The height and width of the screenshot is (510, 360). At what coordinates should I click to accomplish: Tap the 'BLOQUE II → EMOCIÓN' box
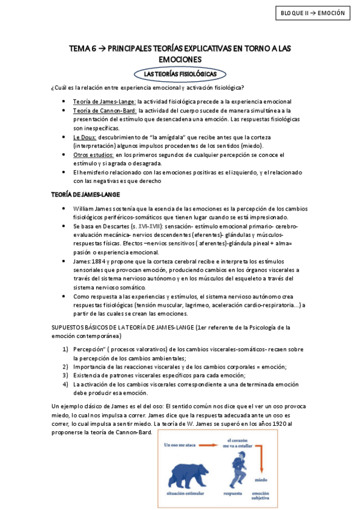point(313,13)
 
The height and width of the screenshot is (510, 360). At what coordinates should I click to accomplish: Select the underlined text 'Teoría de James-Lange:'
point(105,102)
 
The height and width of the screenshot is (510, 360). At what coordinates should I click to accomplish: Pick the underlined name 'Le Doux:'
point(85,137)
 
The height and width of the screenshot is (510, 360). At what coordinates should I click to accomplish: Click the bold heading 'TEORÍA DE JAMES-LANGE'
point(86,194)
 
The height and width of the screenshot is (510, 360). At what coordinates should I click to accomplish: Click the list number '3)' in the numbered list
point(66,375)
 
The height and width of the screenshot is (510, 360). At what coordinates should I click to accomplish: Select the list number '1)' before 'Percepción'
point(66,349)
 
